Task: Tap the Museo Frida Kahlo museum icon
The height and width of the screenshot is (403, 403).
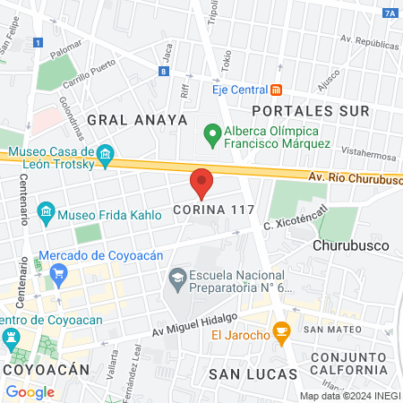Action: point(46,214)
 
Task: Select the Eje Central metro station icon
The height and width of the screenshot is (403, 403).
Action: point(277,90)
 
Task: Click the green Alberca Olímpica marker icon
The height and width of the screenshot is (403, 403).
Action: point(212,136)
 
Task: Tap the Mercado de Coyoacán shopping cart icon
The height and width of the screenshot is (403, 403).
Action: point(59,274)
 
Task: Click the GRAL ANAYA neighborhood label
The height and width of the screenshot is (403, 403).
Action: point(137,119)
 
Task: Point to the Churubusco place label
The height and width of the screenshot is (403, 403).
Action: point(349,244)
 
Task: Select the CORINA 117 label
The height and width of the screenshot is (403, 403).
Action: point(215,211)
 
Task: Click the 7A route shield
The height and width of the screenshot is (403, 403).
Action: point(389,13)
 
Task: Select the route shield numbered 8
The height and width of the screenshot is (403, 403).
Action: point(165,72)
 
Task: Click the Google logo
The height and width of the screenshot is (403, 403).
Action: point(30,391)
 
